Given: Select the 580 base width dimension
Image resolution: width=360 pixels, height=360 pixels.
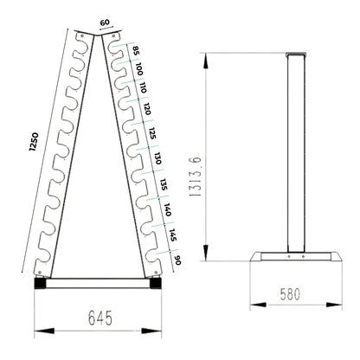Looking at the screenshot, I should coord(288,294).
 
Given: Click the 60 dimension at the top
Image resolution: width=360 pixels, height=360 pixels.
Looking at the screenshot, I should coord(106,24).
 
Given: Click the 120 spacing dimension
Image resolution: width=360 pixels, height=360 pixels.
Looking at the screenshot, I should coord(148,111).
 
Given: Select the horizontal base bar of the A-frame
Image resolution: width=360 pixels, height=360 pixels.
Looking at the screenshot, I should coord(97,282).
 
